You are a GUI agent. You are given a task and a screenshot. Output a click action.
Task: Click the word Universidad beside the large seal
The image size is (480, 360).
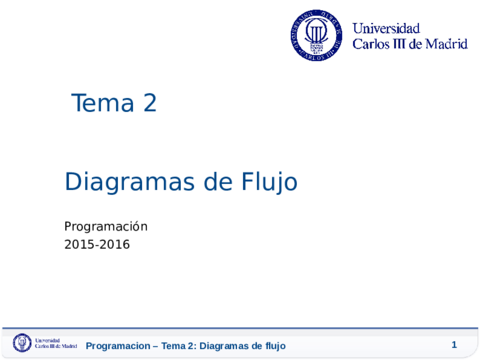click(x=386, y=28)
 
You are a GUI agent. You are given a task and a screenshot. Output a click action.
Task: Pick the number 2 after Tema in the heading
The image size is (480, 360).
click(x=150, y=102)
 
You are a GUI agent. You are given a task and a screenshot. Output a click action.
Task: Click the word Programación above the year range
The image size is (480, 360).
click(x=106, y=226)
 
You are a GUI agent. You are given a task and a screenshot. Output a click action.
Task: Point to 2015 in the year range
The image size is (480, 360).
click(x=79, y=243)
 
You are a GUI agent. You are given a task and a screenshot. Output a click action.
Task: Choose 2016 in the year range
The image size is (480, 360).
click(x=114, y=243)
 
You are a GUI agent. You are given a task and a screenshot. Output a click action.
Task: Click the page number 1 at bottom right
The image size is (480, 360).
click(x=454, y=345)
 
